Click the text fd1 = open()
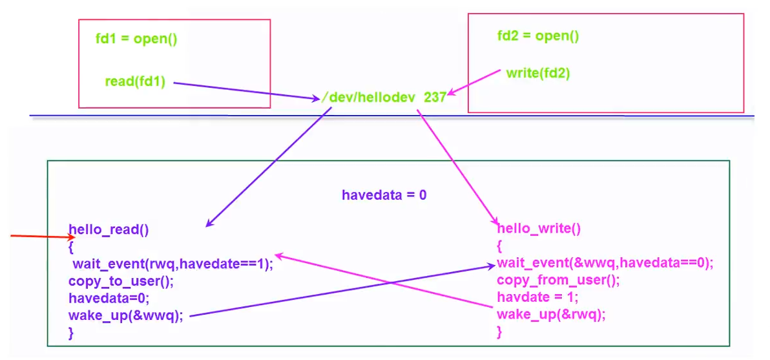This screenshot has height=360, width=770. (x=136, y=39)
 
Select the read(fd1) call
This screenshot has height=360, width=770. (x=136, y=82)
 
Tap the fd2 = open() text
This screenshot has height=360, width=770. (x=537, y=36)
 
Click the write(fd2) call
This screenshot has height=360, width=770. (x=537, y=73)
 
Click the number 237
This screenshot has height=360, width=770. (x=435, y=98)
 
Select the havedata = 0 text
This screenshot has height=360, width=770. (x=384, y=194)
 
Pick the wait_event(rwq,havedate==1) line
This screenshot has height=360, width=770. (x=172, y=264)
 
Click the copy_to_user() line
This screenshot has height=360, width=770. (x=121, y=281)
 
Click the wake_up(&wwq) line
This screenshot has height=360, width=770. (x=125, y=315)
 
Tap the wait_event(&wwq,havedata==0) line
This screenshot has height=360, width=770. (x=604, y=262)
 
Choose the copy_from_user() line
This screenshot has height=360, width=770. (x=558, y=280)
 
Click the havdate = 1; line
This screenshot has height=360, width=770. (x=537, y=297)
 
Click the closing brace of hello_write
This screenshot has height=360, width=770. (x=499, y=331)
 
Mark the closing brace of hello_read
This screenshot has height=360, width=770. (x=71, y=333)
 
